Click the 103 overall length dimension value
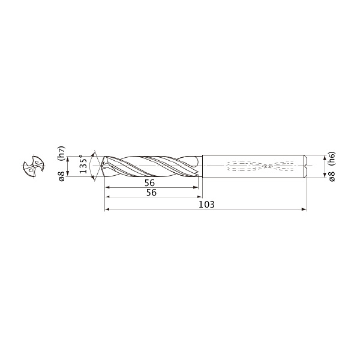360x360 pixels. (206, 204)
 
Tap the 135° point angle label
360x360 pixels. (83, 164)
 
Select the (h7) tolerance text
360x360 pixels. (62, 153)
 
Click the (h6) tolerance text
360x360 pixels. (332, 158)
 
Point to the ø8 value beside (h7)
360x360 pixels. (62, 176)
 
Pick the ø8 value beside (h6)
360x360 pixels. (332, 176)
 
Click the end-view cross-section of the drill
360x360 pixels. (34, 166)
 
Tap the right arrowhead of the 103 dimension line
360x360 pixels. (304, 209)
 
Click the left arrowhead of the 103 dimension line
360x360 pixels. (107, 209)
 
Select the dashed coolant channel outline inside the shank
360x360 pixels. (260, 166)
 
